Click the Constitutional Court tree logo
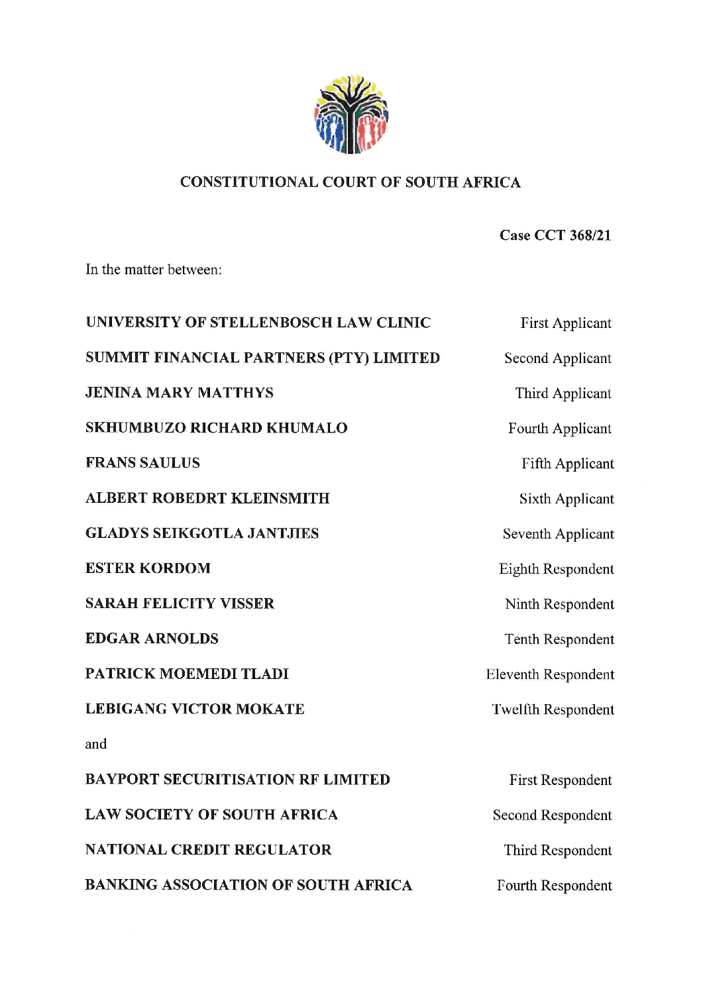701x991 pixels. tap(350, 115)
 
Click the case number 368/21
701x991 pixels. tap(590, 235)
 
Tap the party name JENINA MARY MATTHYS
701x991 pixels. tap(179, 393)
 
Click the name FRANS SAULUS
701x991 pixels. tap(142, 463)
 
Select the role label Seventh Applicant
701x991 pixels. tap(558, 534)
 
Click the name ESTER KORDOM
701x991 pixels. tap(148, 568)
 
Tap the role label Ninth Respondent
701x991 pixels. tap(559, 604)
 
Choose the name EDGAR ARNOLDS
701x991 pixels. tap(152, 639)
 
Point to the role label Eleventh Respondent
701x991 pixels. tap(550, 674)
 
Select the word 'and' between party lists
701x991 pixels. tap(95, 744)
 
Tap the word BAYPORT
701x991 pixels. tap(121, 780)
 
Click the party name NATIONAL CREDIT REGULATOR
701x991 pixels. tap(208, 850)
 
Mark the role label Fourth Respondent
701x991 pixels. tap(554, 886)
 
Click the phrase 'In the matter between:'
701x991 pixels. tap(153, 270)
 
